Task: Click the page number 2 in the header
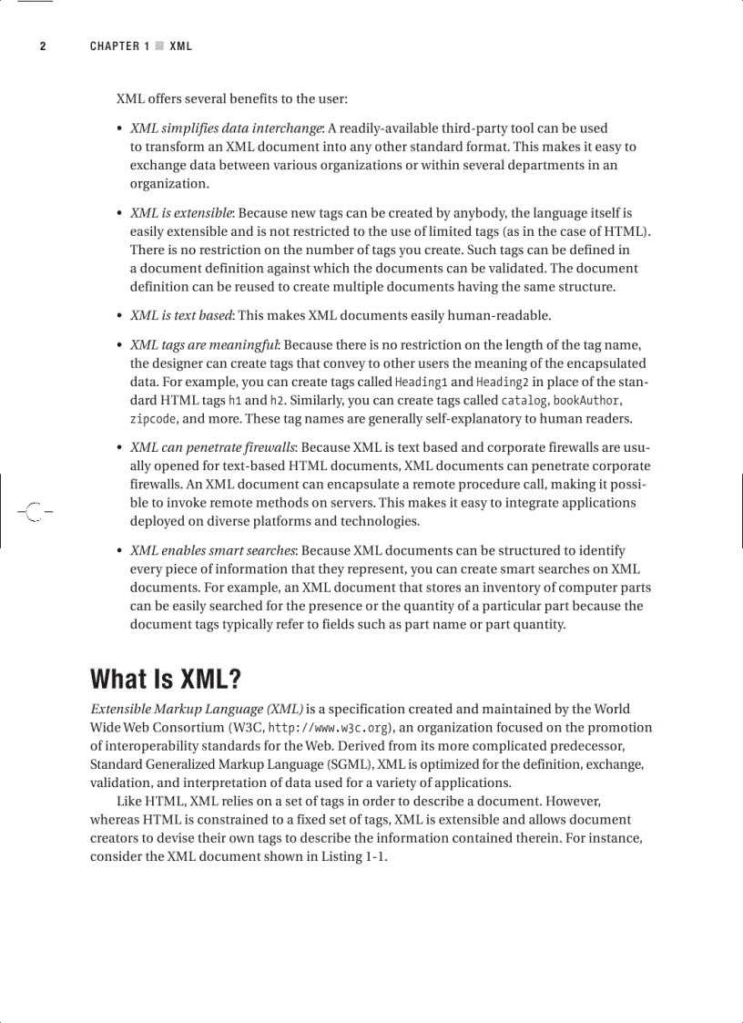[42, 46]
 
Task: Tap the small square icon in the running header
[159, 46]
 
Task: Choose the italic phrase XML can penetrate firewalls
[212, 448]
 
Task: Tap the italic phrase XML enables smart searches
[212, 551]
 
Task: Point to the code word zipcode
[154, 420]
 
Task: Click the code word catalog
[524, 401]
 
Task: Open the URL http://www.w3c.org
[330, 728]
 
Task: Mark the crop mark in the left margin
[34, 512]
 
